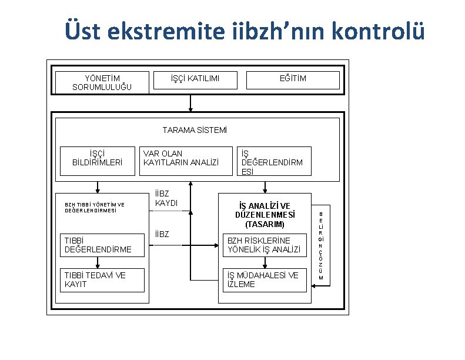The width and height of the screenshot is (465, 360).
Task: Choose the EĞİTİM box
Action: (x=292, y=79)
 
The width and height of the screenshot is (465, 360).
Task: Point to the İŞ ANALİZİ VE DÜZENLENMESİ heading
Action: (x=265, y=210)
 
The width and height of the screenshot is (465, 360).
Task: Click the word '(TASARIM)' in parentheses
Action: (x=265, y=224)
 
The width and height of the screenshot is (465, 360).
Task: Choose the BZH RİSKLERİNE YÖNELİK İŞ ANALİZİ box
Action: (x=263, y=245)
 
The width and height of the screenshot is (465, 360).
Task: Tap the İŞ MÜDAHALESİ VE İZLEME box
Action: (x=263, y=279)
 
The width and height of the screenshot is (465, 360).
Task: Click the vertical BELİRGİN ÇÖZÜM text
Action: (x=321, y=246)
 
